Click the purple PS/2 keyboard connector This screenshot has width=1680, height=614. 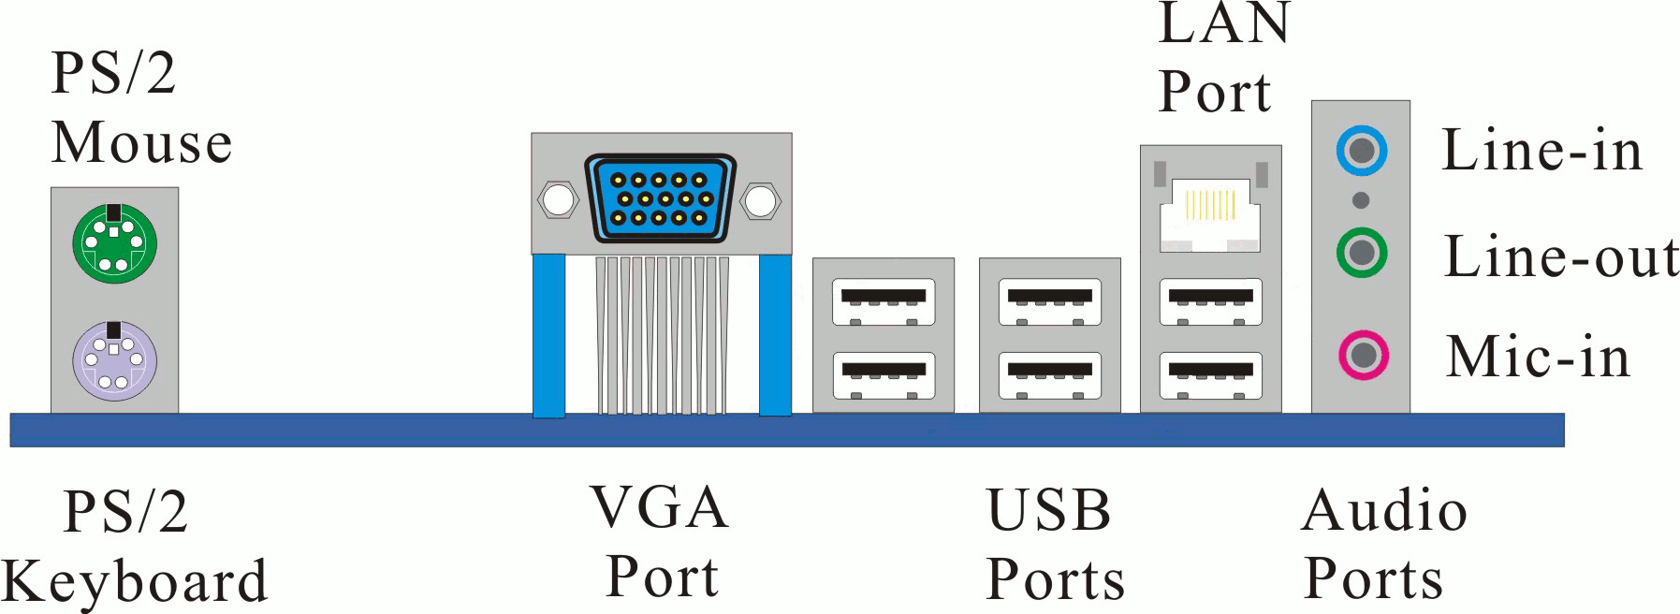[114, 361]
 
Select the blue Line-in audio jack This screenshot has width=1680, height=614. [1362, 151]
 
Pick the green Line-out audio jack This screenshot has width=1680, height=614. [1362, 252]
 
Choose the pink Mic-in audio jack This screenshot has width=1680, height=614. [1362, 354]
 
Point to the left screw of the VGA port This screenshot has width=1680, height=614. [558, 200]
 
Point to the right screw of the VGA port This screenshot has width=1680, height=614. [762, 200]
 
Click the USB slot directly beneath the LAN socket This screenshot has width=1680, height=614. [1211, 301]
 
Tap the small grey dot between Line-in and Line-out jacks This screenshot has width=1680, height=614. [1362, 200]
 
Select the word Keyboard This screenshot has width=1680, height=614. [137, 582]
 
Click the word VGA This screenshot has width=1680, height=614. [659, 508]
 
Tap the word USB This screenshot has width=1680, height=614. [1049, 511]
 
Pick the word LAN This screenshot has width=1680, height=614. [1224, 24]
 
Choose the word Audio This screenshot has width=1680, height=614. [1383, 511]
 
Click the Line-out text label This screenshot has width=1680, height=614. [1561, 257]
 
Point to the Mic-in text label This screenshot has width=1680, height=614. [1538, 357]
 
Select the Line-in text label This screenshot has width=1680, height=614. [1541, 151]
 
